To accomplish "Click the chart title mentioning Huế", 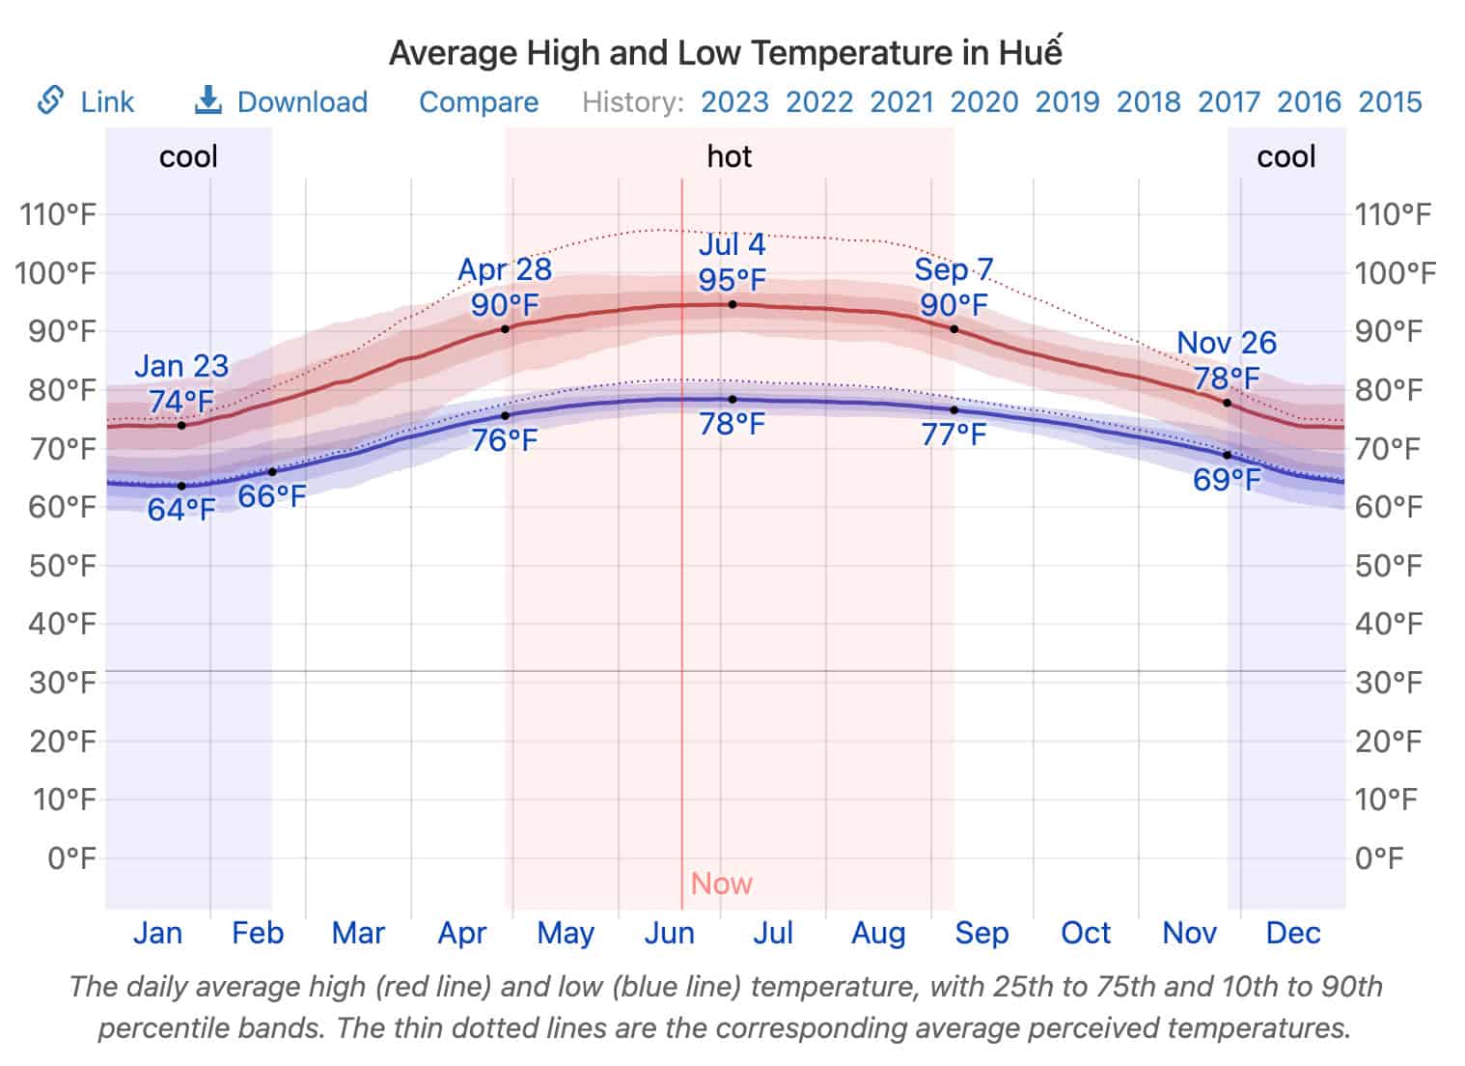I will [x=725, y=52].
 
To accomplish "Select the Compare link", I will [x=479, y=101].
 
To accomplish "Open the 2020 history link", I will [x=983, y=101].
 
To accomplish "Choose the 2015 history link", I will [x=1390, y=101].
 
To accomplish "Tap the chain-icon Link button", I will [x=85, y=101].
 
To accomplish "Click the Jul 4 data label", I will [x=732, y=244].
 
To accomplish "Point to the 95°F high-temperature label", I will [x=732, y=280].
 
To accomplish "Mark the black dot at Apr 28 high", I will [x=505, y=329].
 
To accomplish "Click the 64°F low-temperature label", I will [x=181, y=509].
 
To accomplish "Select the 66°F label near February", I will [x=272, y=496].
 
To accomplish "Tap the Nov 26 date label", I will [x=1226, y=343].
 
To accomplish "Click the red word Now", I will [x=721, y=883].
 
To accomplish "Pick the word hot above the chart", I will [x=729, y=156].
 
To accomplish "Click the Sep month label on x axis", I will [x=981, y=933].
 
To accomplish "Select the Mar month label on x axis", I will [x=358, y=933].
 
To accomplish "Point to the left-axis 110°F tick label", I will [x=58, y=214].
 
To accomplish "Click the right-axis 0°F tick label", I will [x=1378, y=857].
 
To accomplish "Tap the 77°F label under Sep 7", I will [x=954, y=435].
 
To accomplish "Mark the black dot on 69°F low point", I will [x=1227, y=455].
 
